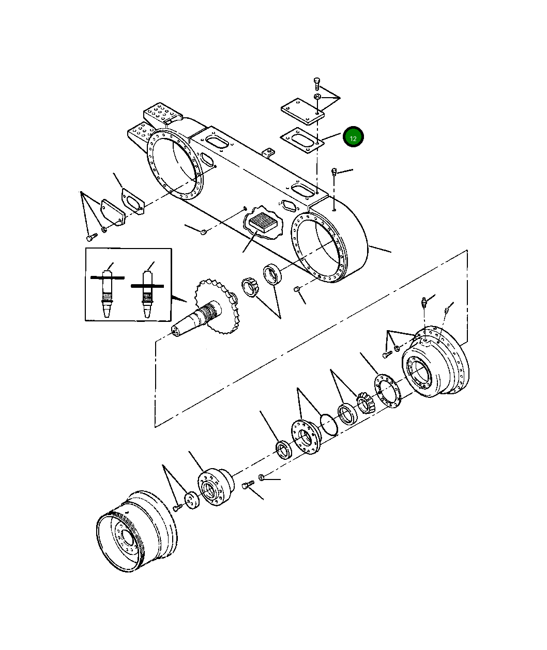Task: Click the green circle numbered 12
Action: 354,137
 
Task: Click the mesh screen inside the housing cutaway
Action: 263,223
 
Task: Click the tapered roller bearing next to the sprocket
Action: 250,287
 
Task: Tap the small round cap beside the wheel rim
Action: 192,500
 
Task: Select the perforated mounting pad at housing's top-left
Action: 162,114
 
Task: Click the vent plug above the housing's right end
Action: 335,172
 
